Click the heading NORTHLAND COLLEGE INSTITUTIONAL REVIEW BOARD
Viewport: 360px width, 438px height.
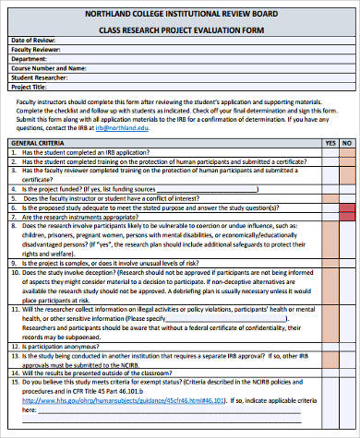[x=180, y=14]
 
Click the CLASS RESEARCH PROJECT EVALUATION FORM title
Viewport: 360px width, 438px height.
[x=180, y=30]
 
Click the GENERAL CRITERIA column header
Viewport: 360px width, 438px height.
[x=37, y=144]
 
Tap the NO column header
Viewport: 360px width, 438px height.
[x=347, y=144]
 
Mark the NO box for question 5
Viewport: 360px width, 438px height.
[x=347, y=197]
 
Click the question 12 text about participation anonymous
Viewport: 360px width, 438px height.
[x=74, y=347]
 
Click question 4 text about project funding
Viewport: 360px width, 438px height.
[x=111, y=188]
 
